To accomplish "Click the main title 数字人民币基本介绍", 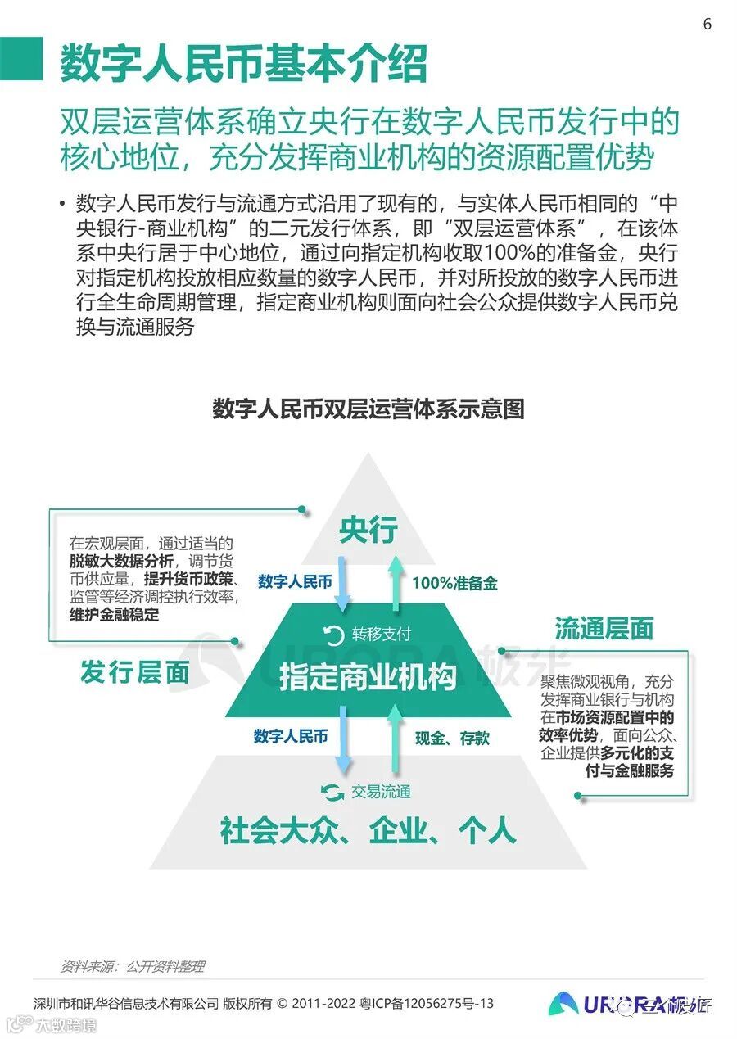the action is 243,63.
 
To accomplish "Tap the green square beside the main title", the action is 21,59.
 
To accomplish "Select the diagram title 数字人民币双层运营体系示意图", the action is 368,409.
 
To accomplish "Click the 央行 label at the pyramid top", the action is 368,530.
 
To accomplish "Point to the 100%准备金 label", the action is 454,583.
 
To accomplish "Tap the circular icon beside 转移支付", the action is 333,635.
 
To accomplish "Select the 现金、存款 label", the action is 452,738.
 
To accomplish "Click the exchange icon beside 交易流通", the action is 331,792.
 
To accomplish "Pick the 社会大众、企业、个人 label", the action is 368,831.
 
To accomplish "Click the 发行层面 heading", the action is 134,673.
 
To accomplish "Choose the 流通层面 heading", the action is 604,628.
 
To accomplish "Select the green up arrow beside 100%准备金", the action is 395,583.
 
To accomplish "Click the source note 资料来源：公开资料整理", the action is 133,966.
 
